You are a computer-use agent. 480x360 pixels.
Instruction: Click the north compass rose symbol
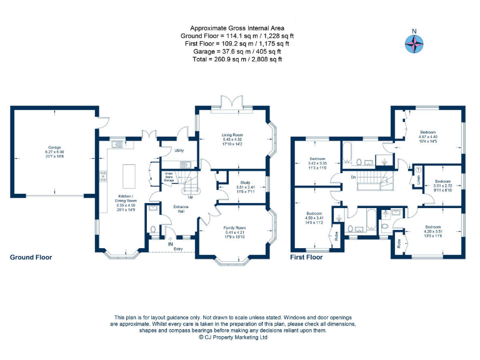click(413, 42)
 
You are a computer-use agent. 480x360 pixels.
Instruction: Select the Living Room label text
click(232, 134)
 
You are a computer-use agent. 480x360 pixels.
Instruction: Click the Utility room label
click(179, 151)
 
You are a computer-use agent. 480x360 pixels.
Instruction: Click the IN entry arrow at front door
click(170, 244)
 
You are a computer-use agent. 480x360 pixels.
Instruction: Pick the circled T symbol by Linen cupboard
click(418, 171)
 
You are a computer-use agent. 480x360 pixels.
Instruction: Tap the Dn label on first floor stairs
click(353, 177)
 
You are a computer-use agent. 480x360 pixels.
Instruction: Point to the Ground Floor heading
click(31, 257)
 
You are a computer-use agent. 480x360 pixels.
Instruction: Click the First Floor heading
click(306, 257)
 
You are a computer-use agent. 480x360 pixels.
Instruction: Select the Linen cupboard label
click(418, 181)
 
